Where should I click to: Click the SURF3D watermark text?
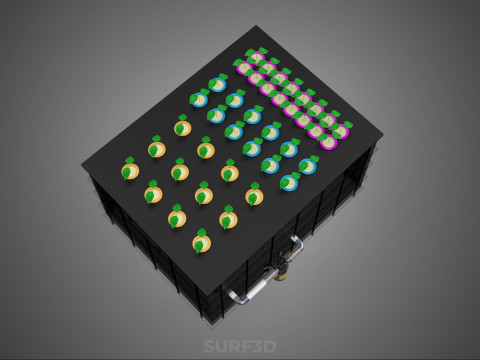point(240,346)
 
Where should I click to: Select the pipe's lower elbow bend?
point(233,297)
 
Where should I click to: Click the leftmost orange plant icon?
point(130,170)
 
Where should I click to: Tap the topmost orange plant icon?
point(182,127)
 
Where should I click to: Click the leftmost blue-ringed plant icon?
point(199,99)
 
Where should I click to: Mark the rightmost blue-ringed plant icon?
point(307,165)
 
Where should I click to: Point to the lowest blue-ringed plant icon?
point(289,182)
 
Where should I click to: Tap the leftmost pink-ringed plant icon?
point(243,67)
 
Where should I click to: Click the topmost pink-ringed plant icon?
point(257,57)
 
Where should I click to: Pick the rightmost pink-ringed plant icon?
point(341,130)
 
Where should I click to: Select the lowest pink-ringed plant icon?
point(328,142)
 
